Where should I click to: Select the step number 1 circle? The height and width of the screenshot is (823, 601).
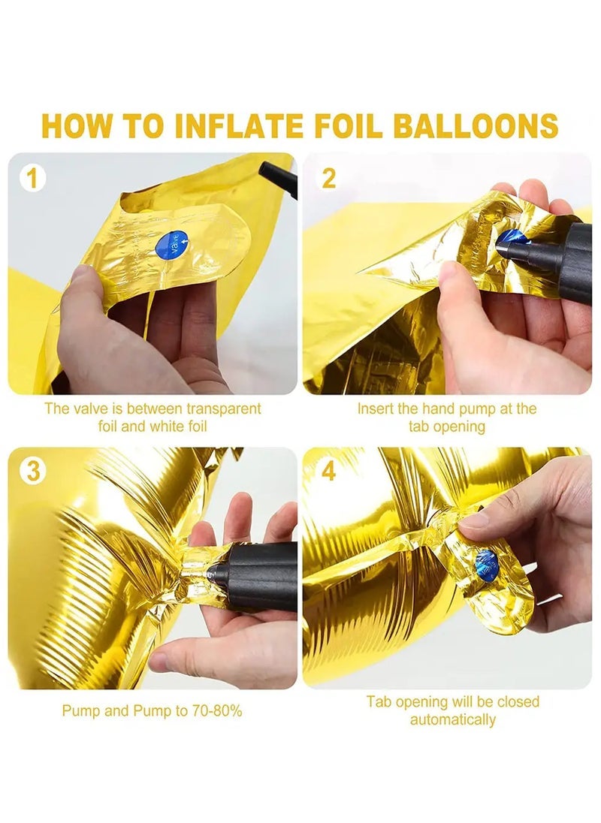point(32,179)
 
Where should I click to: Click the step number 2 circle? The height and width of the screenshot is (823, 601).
point(328,179)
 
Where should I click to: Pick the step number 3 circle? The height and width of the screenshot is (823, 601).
point(32,471)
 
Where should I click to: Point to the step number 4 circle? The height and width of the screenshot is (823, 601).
point(328,471)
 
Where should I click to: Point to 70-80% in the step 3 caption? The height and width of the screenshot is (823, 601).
point(216,711)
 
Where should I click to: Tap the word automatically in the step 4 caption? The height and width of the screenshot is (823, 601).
point(452,719)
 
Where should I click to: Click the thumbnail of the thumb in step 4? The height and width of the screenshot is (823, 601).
point(475,520)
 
